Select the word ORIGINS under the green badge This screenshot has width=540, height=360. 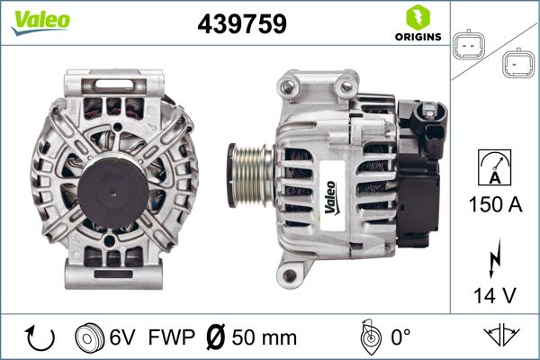pyautogui.click(x=418, y=37)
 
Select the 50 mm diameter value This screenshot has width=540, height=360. pyautogui.click(x=263, y=339)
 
